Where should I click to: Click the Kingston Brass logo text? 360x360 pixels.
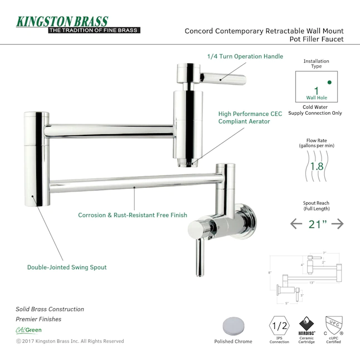pos(62,22)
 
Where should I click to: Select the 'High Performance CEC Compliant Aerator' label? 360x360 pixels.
pos(250,117)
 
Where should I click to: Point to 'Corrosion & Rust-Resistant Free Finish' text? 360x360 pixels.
pos(133,215)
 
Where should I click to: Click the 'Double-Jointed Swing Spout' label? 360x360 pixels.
pos(67,267)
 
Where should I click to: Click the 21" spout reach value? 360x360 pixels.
pos(317,223)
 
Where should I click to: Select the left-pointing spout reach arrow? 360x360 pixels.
pos(297,223)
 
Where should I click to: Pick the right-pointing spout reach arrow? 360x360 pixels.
pos(337,223)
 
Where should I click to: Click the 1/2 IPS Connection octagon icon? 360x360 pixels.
pos(279,325)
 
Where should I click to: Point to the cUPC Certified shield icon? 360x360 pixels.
pos(334,323)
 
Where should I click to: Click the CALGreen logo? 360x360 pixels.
pos(28,330)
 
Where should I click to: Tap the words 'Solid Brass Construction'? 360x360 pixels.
pos(50,309)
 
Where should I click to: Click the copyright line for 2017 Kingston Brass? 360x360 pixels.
pos(70,341)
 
